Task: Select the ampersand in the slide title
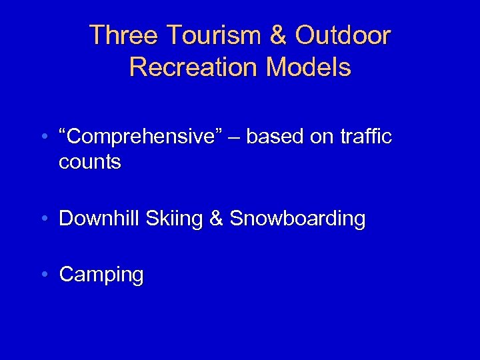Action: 279,35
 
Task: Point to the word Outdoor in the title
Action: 343,35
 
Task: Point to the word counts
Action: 90,162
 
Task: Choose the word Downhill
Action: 100,218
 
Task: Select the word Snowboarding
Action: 297,219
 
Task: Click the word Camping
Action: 101,275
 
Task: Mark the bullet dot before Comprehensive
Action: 43,137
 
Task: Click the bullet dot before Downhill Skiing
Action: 43,219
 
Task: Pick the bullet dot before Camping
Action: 43,275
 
